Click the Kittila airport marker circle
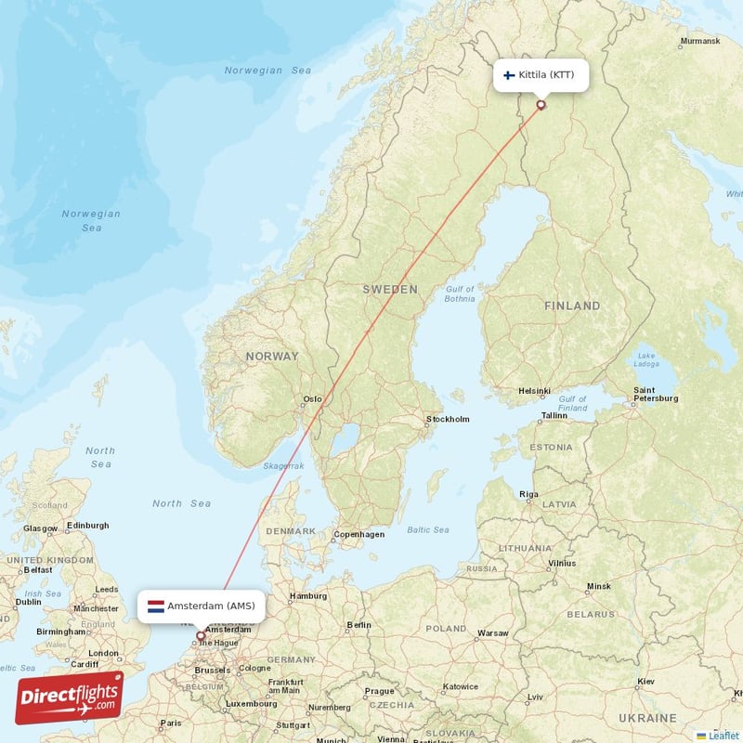point(541,105)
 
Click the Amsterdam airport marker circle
point(200,636)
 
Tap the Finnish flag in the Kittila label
point(509,74)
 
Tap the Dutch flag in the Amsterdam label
point(156,606)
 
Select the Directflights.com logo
point(70,697)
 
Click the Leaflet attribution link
point(718,736)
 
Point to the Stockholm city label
point(448,419)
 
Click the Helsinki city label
point(535,391)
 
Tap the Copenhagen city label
point(358,534)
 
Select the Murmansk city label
point(700,41)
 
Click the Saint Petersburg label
point(655,394)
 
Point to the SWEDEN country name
point(390,290)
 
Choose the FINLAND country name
point(572,306)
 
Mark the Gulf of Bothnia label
point(460,293)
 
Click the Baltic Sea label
point(427,530)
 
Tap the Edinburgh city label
point(88,526)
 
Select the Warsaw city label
point(492,633)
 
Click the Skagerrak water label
point(283,465)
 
